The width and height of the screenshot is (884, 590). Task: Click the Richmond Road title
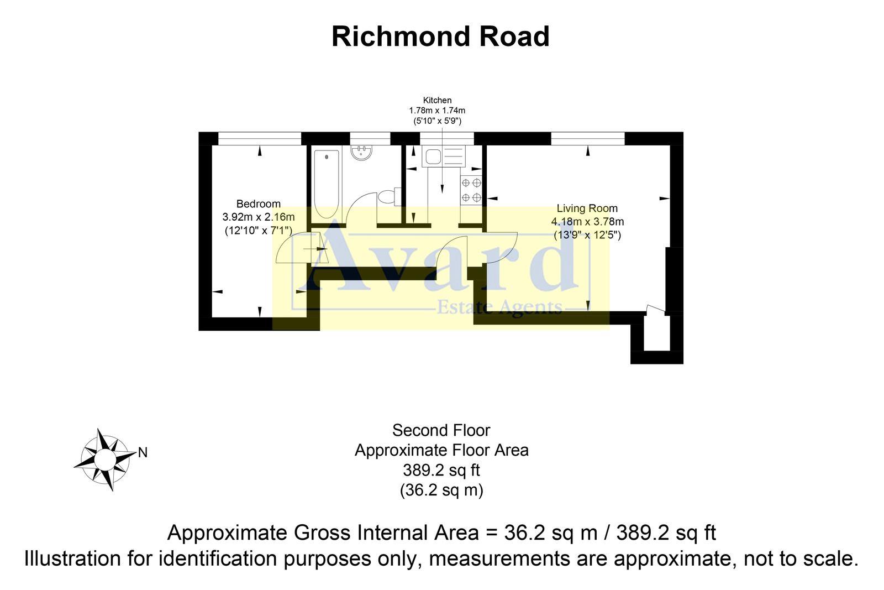click(440, 36)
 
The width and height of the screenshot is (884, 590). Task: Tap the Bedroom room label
click(258, 204)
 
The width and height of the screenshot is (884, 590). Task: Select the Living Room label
click(587, 208)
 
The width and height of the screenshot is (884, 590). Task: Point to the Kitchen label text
click(437, 101)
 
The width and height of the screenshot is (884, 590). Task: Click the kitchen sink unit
click(444, 156)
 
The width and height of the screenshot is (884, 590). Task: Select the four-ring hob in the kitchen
click(471, 190)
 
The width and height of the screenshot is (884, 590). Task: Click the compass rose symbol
click(104, 460)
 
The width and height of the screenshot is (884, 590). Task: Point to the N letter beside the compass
click(143, 453)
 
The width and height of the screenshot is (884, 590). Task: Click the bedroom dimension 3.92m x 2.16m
click(258, 217)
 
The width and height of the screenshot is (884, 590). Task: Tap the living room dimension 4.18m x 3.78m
click(587, 222)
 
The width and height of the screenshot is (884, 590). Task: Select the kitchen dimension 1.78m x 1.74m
click(437, 111)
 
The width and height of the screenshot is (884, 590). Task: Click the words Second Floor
click(441, 430)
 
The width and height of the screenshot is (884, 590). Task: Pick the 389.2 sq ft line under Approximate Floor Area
click(441, 470)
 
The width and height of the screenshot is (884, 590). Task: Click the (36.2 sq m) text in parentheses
click(441, 490)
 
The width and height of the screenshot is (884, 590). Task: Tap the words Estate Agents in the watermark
click(499, 307)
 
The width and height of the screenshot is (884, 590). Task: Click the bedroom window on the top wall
click(260, 138)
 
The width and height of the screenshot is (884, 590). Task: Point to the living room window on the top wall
click(587, 138)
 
